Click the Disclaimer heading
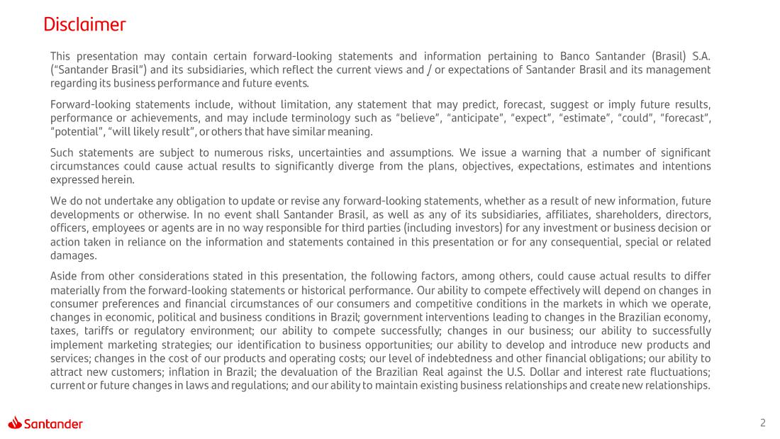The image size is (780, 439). click(x=84, y=25)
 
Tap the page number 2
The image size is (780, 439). click(x=763, y=423)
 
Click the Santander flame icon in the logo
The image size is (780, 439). click(x=16, y=423)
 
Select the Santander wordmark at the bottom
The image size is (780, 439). click(x=53, y=424)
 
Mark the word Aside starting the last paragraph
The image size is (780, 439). click(x=65, y=276)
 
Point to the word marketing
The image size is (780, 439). click(x=130, y=344)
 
